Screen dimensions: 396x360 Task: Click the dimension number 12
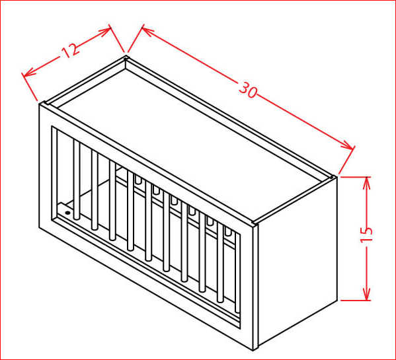pos(71,50)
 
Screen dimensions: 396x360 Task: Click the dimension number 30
pos(248,90)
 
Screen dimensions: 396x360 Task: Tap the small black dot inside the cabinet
pos(67,213)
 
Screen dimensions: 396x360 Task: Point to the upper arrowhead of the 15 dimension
pos(366,182)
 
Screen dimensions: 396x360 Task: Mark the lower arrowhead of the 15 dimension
pos(366,295)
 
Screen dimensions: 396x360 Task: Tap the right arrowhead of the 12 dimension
pos(105,31)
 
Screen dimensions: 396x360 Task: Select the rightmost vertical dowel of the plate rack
pos(237,272)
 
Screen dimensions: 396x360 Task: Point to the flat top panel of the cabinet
pos(192,141)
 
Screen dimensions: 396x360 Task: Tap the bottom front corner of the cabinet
pos(253,350)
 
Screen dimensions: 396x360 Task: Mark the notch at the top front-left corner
pos(45,103)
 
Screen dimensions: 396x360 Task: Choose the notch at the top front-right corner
pos(253,223)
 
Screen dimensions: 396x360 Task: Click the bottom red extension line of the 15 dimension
pos(356,301)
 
